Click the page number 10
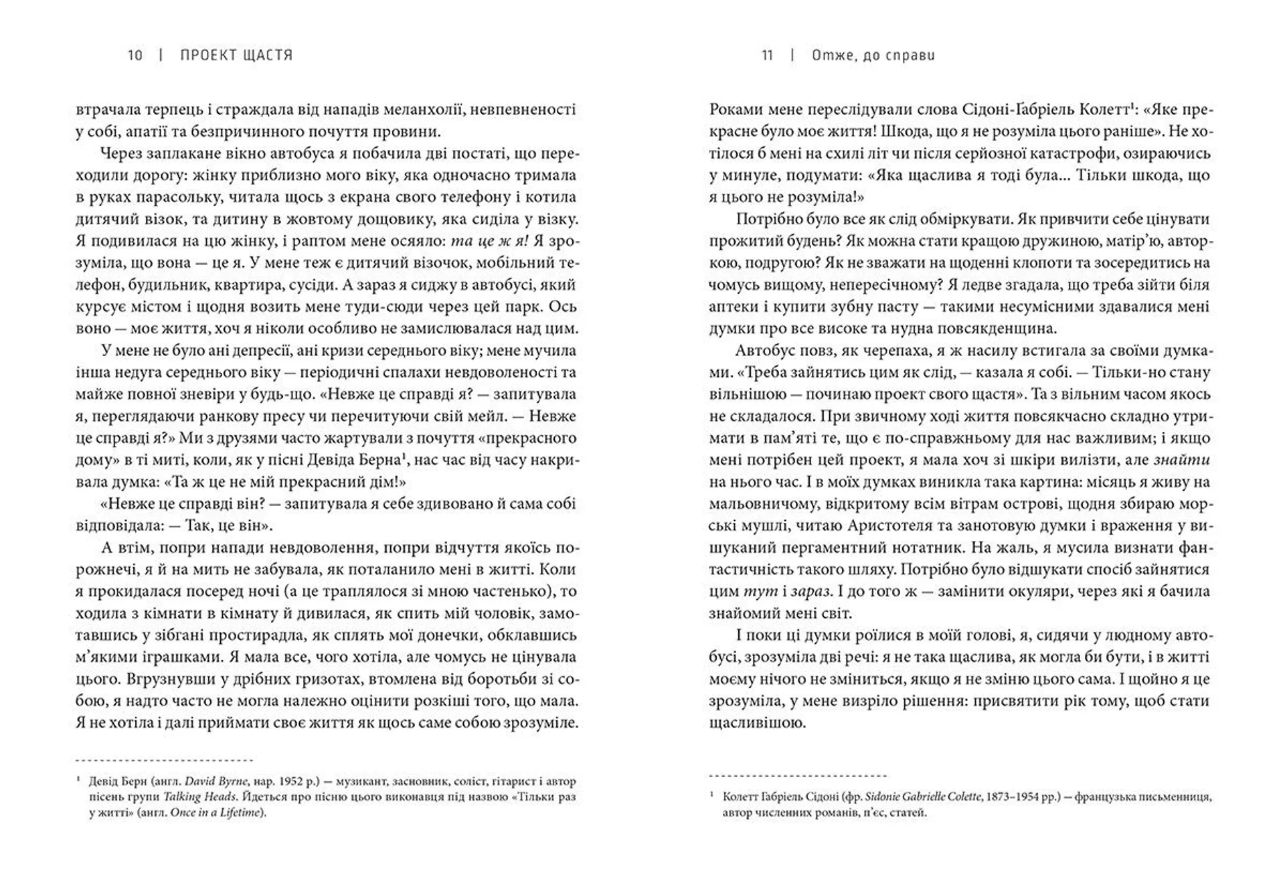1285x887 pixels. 135,55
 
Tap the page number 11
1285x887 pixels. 768,55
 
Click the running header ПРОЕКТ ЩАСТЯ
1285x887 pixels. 237,55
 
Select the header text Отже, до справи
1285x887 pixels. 873,55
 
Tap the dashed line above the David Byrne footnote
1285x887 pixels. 165,760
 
